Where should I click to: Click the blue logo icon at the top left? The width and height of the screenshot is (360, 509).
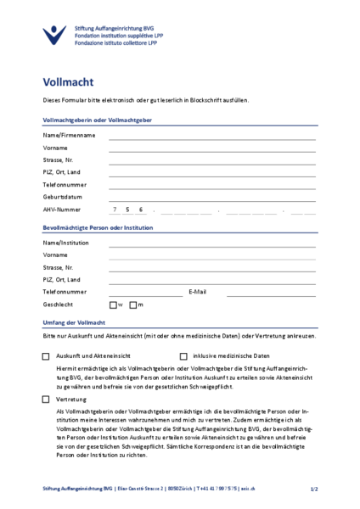(53, 35)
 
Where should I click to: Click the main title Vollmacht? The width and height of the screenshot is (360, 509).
(68, 82)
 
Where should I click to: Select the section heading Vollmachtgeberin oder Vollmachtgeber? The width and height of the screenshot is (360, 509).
(97, 120)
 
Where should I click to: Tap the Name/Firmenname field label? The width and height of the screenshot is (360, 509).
(69, 135)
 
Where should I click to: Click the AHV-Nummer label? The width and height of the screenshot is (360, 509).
(62, 209)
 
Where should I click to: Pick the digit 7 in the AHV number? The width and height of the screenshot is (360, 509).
(114, 209)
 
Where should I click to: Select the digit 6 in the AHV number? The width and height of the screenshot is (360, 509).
(141, 209)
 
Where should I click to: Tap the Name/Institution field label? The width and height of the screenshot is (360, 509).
(65, 243)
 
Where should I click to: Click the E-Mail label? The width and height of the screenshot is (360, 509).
(197, 292)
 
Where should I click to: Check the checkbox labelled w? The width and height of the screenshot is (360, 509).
(113, 305)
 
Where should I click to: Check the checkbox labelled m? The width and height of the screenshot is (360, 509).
(134, 305)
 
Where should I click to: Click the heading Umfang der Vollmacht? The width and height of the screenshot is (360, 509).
(74, 323)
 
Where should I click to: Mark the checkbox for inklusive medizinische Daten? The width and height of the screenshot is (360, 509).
(183, 356)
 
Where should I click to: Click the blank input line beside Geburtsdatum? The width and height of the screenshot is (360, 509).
(212, 198)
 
